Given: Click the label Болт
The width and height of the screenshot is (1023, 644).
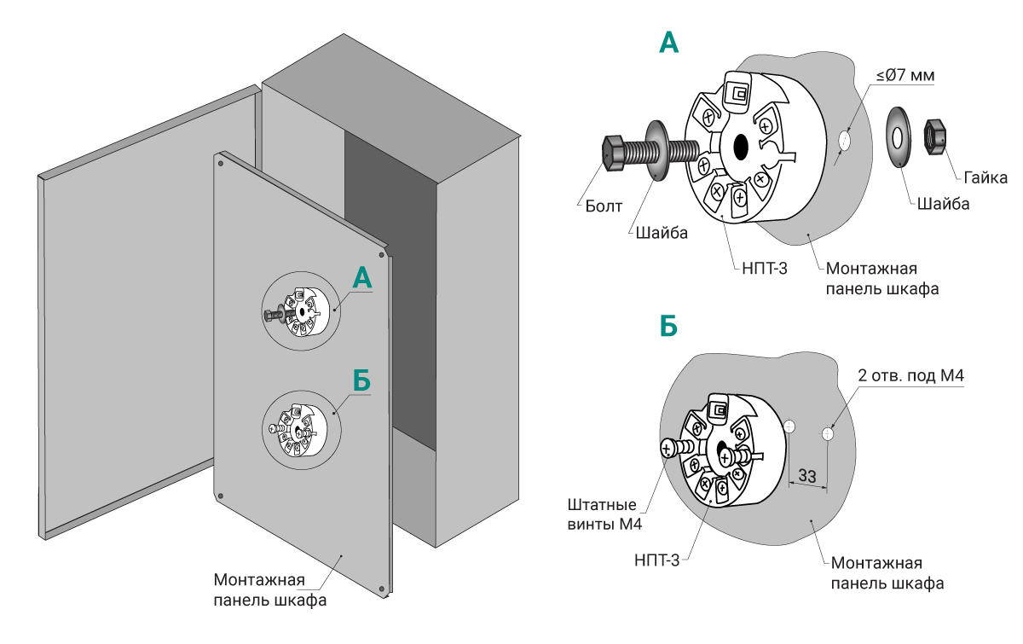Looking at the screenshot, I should click(604, 206).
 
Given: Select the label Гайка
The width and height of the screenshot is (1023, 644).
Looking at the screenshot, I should click(986, 177).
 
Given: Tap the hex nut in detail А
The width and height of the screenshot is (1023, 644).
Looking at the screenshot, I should click(935, 136).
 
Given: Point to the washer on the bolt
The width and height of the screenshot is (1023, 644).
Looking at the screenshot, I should click(658, 150).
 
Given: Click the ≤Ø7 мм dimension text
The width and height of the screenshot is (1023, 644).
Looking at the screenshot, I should click(905, 76).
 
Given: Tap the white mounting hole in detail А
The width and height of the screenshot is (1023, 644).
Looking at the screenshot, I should click(845, 140).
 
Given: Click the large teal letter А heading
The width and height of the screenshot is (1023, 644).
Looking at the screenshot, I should click(669, 43).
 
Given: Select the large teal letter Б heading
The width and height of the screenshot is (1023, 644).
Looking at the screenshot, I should click(669, 326).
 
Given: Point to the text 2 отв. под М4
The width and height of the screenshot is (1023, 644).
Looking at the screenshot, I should click(912, 375).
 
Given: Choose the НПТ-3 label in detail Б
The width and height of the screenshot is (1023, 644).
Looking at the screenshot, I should click(656, 560).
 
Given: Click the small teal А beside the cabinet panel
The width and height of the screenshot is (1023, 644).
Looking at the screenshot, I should click(362, 279).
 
